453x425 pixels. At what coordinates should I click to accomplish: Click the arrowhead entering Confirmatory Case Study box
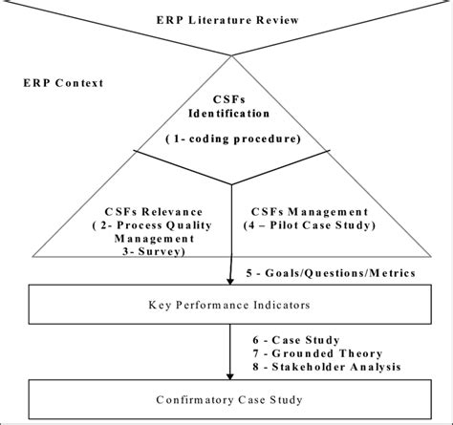230,377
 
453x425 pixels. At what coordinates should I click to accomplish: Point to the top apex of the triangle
230,55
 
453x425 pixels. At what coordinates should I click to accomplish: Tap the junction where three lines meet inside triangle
230,183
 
